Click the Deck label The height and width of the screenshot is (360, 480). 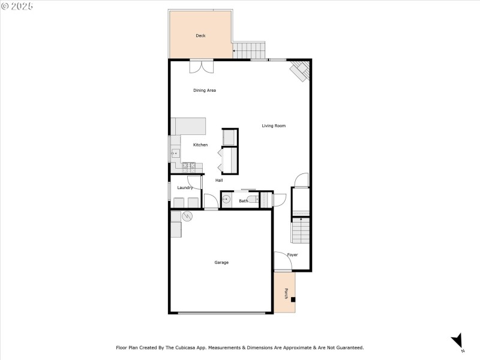200,36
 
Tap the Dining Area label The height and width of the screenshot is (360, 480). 205,91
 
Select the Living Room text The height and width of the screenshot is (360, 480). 274,126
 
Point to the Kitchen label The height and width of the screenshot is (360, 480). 200,145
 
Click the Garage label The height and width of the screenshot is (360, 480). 221,262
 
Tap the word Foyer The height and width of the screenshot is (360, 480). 292,254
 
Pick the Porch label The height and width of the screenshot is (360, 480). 286,293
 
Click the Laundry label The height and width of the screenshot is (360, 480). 185,188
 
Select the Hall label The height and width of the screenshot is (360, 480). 219,181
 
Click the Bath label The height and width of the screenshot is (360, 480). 244,201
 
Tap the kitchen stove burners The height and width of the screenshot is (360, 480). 189,168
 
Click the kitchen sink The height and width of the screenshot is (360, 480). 175,154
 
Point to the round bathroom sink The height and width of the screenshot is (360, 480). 226,200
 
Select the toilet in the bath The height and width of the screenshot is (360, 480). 253,200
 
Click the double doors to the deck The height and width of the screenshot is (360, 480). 202,67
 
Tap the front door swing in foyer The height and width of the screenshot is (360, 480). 283,261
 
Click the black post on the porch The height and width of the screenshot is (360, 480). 293,299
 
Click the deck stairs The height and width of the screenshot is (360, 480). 249,50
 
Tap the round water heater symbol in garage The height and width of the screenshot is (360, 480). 187,217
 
